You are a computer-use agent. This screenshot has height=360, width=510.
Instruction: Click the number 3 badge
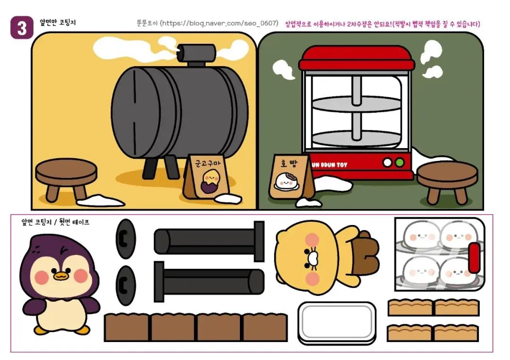(22, 28)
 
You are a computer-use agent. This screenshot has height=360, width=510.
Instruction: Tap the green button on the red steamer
(399, 162)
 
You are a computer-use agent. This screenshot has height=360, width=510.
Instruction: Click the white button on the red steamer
(387, 162)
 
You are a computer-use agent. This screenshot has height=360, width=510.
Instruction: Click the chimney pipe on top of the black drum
(196, 53)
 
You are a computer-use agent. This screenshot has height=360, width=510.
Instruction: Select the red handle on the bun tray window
(474, 258)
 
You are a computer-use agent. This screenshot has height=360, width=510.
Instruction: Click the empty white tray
(337, 323)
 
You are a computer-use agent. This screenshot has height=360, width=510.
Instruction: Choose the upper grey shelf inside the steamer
(357, 104)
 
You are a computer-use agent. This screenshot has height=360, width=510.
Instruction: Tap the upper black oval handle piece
(126, 239)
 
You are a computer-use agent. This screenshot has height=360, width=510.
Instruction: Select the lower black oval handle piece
(126, 285)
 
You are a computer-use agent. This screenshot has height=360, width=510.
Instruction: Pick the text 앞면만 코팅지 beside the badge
(58, 23)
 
